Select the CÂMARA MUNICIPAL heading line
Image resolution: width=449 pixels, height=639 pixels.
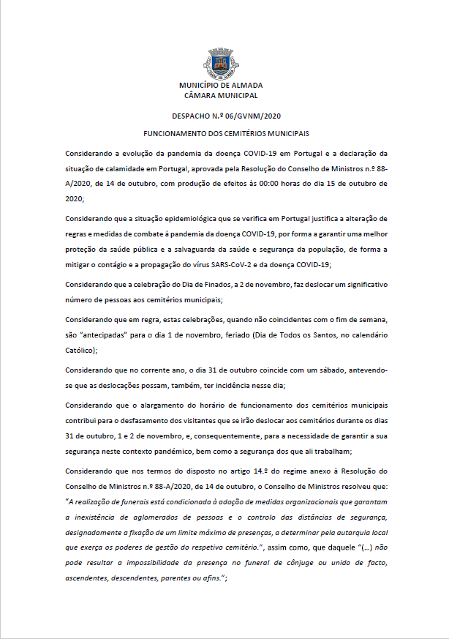(x=221, y=95)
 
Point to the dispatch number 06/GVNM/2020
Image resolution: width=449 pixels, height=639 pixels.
(x=250, y=116)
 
